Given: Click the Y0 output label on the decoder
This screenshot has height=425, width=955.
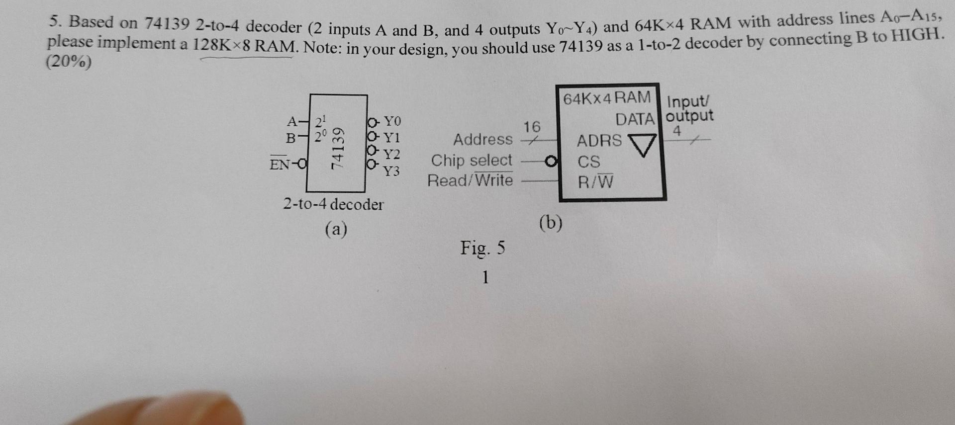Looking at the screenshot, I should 392,121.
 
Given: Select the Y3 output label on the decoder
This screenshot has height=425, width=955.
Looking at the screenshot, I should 391,171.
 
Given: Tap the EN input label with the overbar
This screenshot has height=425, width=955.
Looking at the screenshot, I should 280,164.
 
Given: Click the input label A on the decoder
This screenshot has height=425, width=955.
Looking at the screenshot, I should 292,121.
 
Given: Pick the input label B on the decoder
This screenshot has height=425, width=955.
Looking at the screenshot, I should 291,138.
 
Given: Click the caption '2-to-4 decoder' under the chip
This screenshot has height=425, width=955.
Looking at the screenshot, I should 333,204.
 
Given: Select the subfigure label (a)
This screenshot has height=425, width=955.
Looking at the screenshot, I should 336,229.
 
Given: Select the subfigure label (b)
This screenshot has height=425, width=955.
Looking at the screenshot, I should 551,223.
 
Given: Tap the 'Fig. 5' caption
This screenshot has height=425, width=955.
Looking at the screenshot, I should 482,248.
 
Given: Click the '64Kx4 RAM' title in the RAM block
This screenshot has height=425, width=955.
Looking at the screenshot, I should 607,97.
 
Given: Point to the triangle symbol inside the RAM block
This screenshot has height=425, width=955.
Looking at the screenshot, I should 643,145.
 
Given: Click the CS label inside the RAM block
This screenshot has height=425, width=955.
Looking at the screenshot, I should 589,162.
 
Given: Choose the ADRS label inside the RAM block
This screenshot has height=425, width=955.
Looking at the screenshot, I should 599,141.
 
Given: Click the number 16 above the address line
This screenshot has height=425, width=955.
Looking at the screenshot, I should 531,127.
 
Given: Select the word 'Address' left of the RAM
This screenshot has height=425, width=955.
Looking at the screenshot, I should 482,139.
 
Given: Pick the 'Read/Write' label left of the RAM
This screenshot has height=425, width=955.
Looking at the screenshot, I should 470,180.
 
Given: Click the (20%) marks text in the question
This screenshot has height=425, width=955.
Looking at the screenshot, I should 69,62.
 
